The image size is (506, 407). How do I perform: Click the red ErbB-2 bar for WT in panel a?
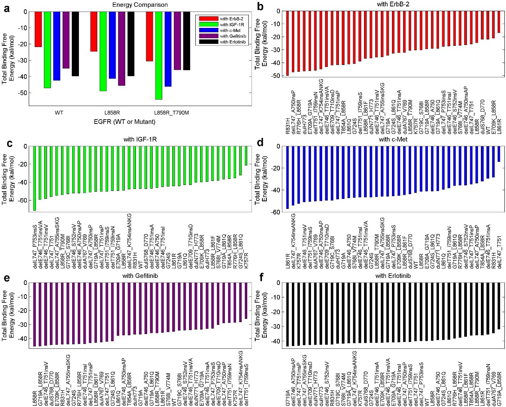[x=38, y=29]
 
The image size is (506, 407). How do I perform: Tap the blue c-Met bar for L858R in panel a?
[x=112, y=45]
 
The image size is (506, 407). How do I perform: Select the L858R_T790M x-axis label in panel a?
[x=171, y=113]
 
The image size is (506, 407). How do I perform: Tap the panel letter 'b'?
[x=260, y=6]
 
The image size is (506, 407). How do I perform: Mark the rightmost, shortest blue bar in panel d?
[x=498, y=154]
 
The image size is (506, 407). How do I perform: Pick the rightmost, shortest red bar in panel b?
[x=499, y=22]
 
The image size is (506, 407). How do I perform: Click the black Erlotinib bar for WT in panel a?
[x=75, y=44]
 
